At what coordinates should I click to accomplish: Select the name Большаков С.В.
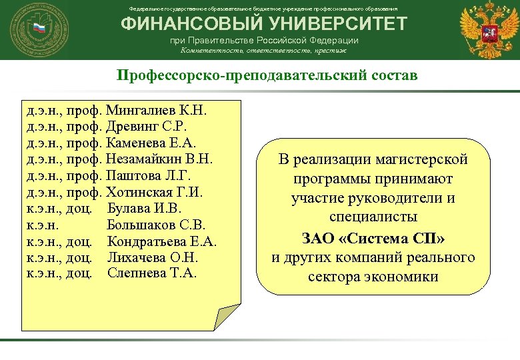(157, 225)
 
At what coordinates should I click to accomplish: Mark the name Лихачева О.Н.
(153, 257)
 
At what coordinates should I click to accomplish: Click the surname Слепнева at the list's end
(137, 273)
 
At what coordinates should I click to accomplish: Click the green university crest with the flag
(39, 29)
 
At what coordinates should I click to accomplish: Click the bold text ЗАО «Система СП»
(373, 238)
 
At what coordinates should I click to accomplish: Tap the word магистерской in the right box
(420, 160)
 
